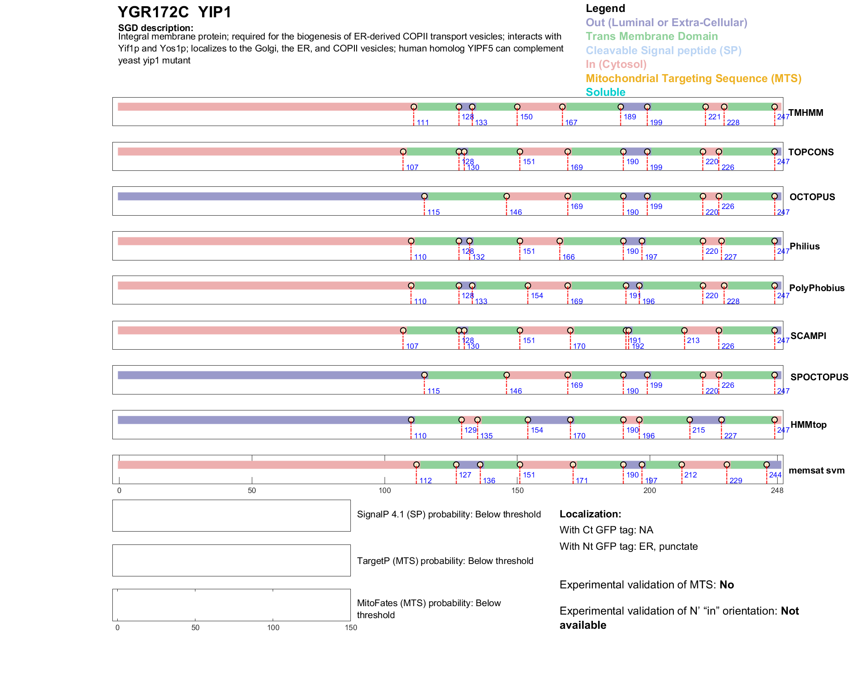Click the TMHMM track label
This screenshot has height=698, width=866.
pos(806,113)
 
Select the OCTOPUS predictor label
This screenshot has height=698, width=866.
pos(812,197)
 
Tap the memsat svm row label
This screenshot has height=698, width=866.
pos(816,470)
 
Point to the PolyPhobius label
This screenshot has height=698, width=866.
pos(816,288)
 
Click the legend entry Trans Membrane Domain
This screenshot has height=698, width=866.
pos(651,36)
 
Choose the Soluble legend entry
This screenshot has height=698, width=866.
pos(605,92)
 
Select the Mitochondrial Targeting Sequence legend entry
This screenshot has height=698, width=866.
pos(693,79)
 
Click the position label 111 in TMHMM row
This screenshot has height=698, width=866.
pos(422,122)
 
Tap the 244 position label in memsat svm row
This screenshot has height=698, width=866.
pos(775,475)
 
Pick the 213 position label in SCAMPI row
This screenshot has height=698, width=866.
pos(693,340)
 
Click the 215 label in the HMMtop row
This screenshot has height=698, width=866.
pos(698,430)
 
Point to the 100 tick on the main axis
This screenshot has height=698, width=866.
pos(385,490)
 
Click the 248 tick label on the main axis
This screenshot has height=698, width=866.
pos(777,490)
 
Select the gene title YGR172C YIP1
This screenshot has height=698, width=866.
pos(175,12)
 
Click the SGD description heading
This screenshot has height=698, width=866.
pos(155,28)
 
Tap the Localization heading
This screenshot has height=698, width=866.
pos(590,514)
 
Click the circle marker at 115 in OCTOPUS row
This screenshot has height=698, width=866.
pos(425,196)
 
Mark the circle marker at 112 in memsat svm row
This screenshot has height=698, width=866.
pos(416,465)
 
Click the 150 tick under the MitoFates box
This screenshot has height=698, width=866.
pos(351,627)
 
